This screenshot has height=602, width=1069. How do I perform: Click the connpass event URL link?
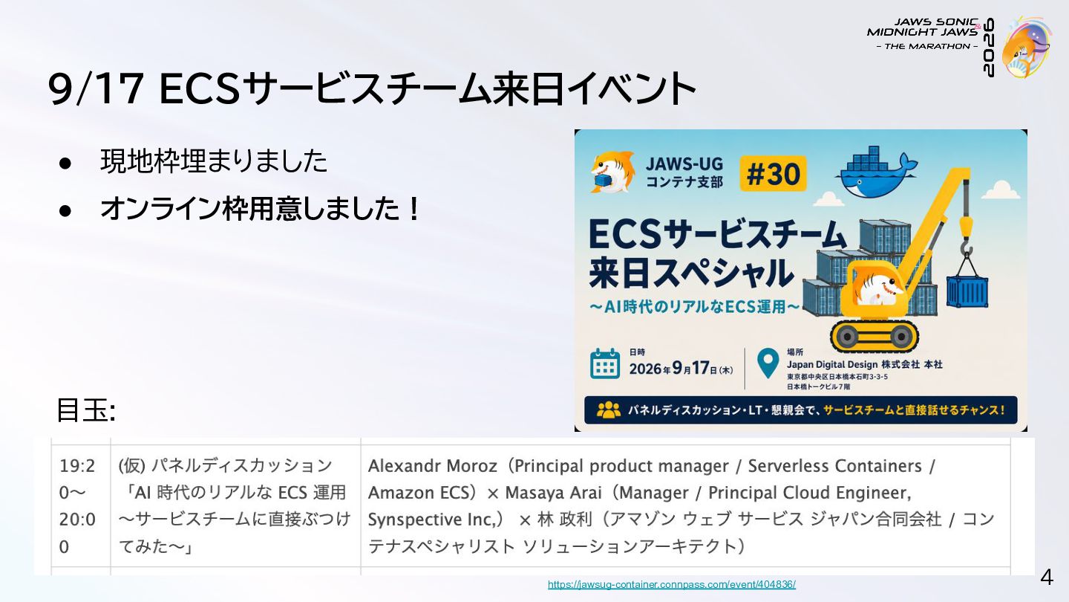(x=671, y=584)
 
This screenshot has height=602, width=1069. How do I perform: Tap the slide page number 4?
(x=1047, y=577)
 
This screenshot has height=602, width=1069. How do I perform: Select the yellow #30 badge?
(x=773, y=173)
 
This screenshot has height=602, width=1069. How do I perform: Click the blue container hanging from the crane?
(x=967, y=291)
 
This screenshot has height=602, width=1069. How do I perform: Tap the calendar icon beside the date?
(x=604, y=364)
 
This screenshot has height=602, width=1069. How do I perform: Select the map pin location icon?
(x=768, y=363)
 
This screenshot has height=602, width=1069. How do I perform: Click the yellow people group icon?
(x=609, y=410)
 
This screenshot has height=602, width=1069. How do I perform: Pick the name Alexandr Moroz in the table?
(x=432, y=466)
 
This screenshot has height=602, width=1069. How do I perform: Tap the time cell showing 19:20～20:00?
(x=77, y=505)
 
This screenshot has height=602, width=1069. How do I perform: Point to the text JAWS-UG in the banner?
(x=684, y=164)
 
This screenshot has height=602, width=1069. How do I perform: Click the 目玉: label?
(x=86, y=410)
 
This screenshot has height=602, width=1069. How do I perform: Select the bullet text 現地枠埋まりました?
(x=213, y=161)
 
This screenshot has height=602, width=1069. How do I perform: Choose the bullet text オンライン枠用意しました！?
(x=260, y=209)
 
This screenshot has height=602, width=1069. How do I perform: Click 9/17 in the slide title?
(x=96, y=89)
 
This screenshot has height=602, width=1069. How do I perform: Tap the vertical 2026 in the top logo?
(x=988, y=48)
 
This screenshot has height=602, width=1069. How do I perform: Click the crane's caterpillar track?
(x=875, y=337)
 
